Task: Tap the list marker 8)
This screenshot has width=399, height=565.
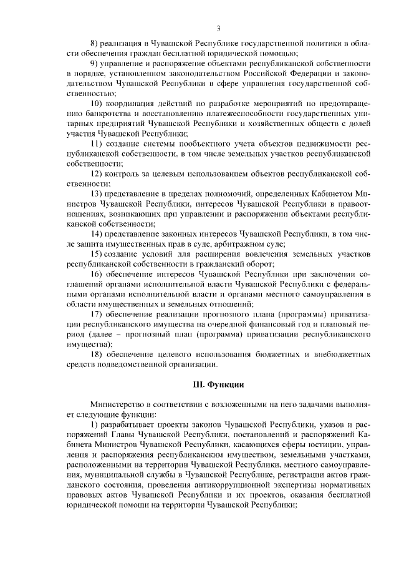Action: pos(95,42)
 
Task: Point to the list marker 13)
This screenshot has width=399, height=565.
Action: pos(98,195)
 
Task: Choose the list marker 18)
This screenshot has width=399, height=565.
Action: pos(98,354)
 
